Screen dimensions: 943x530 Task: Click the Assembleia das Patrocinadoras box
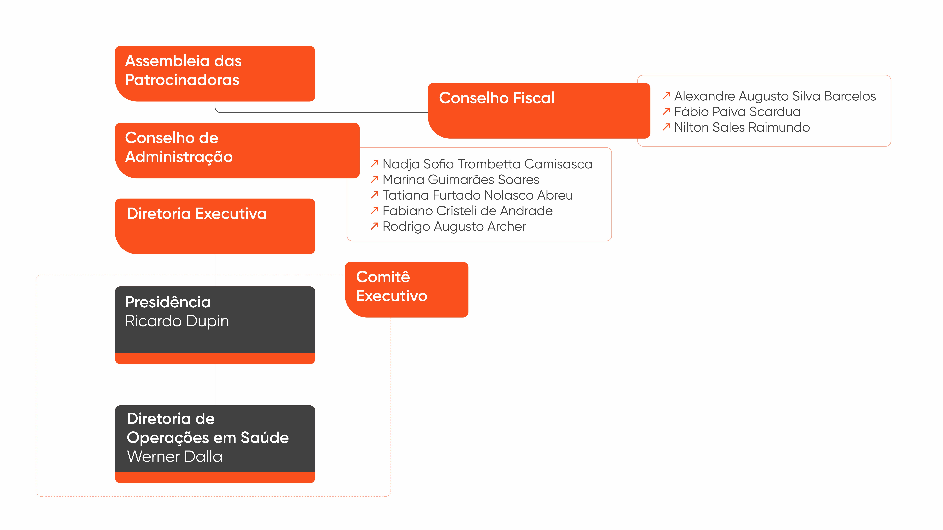point(215,74)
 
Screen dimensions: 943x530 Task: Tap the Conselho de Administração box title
point(179,147)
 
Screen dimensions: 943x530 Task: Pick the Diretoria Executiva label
point(197,214)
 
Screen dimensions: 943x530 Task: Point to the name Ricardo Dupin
point(177,321)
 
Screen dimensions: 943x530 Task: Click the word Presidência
point(168,302)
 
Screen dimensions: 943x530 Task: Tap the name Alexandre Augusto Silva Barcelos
point(775,96)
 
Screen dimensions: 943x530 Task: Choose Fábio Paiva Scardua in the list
point(737,112)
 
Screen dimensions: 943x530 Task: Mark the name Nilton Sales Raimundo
point(742,127)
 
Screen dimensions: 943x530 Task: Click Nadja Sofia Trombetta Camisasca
point(487,164)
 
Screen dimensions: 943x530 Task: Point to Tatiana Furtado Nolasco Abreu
point(477,195)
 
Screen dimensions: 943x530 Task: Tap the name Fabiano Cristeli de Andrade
point(468,211)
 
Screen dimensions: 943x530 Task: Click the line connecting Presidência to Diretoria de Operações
point(215,385)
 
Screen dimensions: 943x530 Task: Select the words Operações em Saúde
point(208,438)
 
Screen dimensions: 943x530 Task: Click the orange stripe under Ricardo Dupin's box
point(215,359)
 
